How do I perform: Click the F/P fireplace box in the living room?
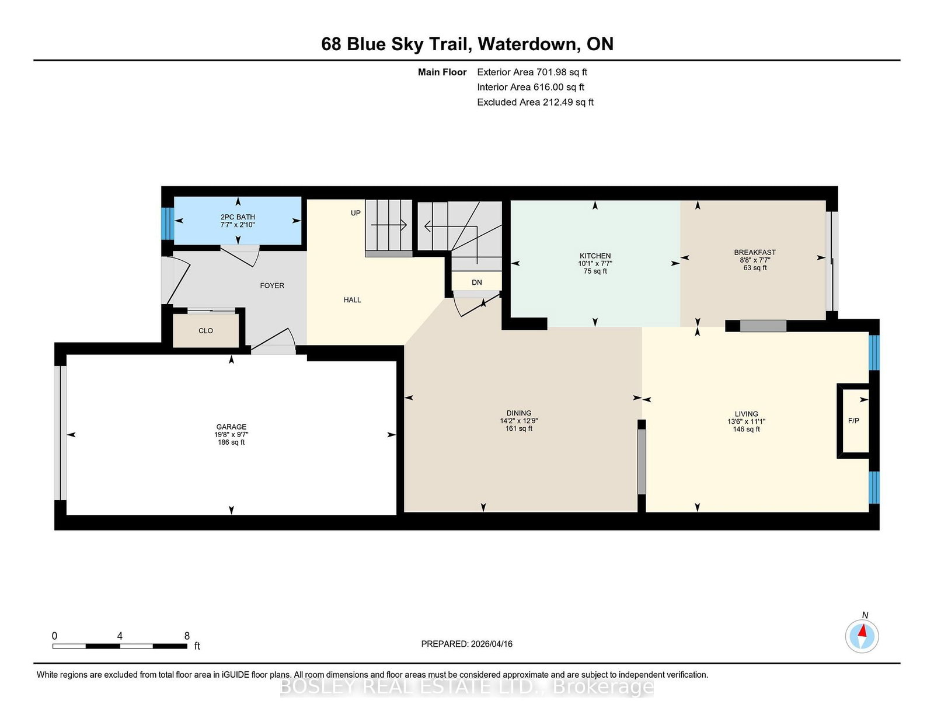[853, 421]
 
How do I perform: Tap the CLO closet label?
[205, 331]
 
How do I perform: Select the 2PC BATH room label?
[238, 217]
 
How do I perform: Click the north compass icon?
[862, 636]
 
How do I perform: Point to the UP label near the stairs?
[356, 213]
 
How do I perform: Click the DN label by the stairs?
[477, 282]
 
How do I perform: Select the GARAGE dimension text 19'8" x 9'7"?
[231, 435]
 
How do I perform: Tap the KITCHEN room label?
[595, 256]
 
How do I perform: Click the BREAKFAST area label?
[755, 253]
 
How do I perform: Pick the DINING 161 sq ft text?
[519, 428]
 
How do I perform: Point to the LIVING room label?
[746, 414]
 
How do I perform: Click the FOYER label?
[272, 285]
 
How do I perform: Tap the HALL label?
[352, 300]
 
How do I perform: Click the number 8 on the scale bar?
[187, 636]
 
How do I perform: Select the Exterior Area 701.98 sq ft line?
[532, 72]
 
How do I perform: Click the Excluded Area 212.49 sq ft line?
[535, 102]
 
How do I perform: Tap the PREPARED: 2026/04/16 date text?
[466, 644]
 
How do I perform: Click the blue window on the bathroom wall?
[168, 224]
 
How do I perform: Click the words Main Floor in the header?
[442, 72]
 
